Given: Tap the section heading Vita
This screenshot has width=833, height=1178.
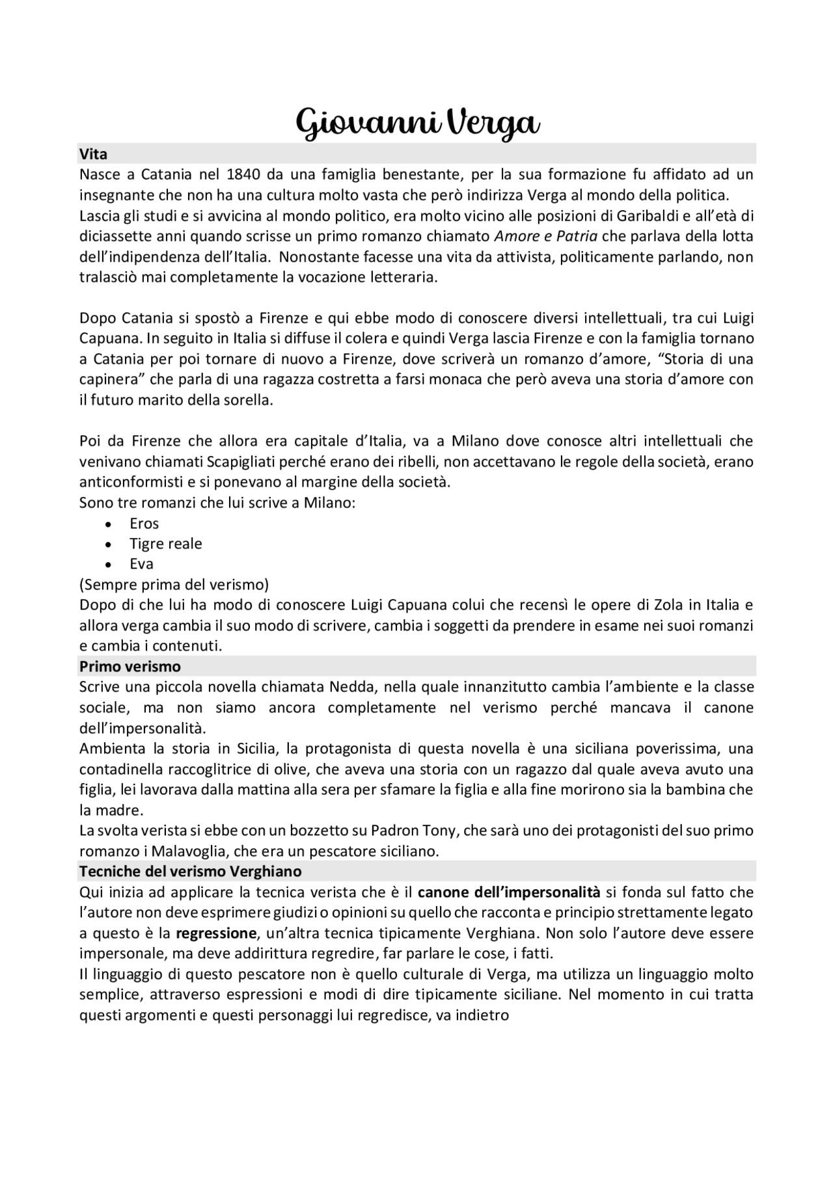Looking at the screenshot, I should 93,154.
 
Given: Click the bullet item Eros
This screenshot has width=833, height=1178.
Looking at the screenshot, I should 144,523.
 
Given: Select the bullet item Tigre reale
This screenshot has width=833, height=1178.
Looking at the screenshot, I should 165,544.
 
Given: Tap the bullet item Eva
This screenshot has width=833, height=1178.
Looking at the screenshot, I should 141,564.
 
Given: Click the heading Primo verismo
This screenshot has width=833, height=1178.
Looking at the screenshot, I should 130,666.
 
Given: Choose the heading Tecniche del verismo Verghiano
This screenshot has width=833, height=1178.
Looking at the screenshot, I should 190,871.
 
